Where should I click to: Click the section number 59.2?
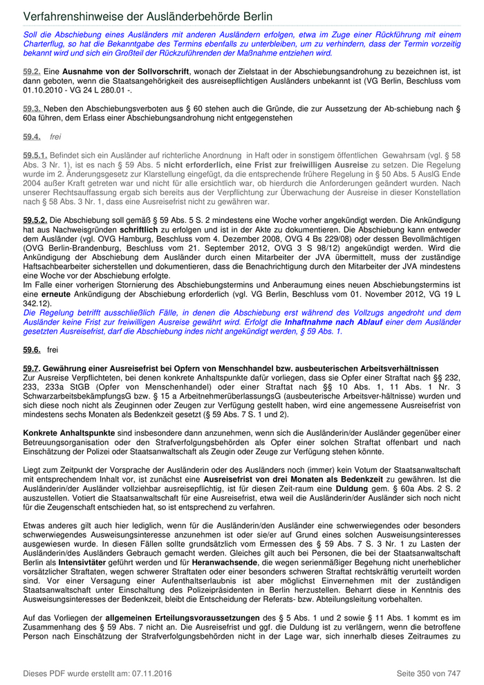click(32, 71)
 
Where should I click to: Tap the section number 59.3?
click(32, 109)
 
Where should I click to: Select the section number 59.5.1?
click(35, 156)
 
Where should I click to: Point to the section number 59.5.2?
click(35, 219)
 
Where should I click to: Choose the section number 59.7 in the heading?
click(32, 369)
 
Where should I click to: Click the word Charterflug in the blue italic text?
click(48, 44)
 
